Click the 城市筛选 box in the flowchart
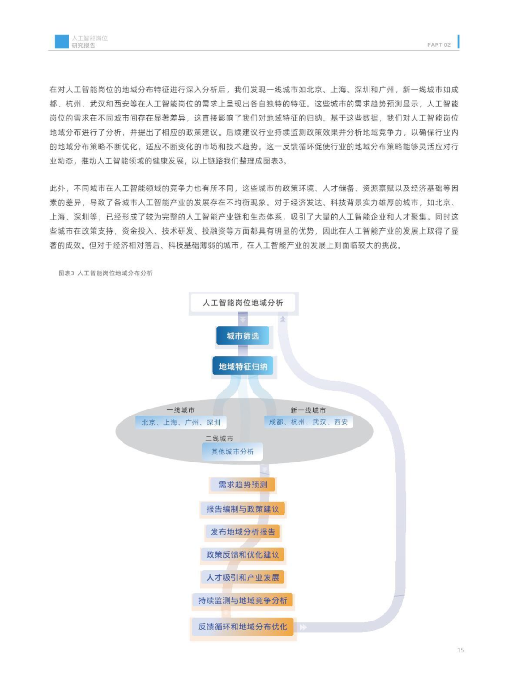tap(243, 336)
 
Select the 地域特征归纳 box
tap(243, 366)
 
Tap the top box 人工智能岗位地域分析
tap(243, 303)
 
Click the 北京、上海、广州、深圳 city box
tap(181, 422)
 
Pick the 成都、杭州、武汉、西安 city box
tap(308, 422)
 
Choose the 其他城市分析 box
tap(232, 452)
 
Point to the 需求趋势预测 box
tap(243, 485)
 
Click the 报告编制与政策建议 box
tap(243, 509)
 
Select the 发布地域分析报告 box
tap(243, 532)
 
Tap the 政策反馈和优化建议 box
tap(243, 555)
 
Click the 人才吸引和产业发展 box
tap(243, 577)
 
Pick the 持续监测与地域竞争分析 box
tap(243, 600)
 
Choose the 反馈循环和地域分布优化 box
tap(243, 627)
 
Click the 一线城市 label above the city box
tap(181, 410)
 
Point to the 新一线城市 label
tap(308, 410)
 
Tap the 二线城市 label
tap(219, 439)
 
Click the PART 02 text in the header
tap(438, 45)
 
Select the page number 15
tap(461, 650)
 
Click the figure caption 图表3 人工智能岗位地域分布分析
tap(106, 273)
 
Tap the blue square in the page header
tap(61, 41)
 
